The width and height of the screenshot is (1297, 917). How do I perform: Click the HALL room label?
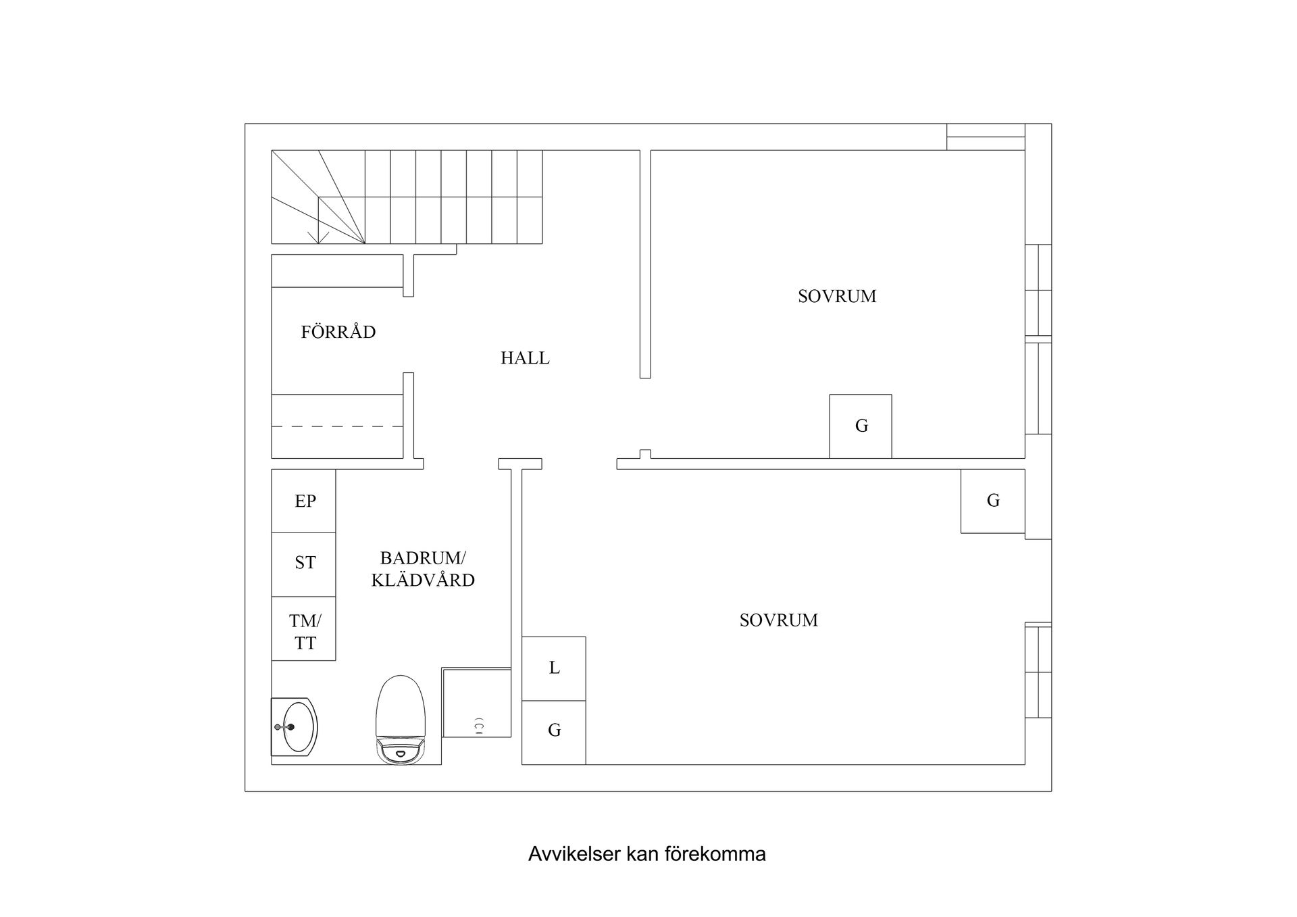pos(525,358)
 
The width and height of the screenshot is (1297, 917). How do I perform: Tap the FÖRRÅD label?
pos(338,331)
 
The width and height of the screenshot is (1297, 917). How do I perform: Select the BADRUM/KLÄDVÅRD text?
pos(423,569)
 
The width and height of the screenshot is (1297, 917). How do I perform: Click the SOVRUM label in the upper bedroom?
pos(837,296)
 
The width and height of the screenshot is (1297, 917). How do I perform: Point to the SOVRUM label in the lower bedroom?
pos(779,620)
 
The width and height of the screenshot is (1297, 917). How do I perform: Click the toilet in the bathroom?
pos(401,720)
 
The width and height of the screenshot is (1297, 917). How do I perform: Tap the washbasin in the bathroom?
pos(295,727)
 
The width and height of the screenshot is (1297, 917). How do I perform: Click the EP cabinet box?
pos(303,501)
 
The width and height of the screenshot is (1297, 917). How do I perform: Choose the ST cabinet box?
pos(303,564)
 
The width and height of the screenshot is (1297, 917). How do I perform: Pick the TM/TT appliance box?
pos(303,628)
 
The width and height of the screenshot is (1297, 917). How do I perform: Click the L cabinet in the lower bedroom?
pos(554,668)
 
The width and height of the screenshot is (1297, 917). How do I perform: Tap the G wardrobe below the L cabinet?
pos(554,733)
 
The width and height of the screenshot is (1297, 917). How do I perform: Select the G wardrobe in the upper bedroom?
pos(861,426)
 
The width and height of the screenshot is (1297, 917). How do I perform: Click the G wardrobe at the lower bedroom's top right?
pos(993,501)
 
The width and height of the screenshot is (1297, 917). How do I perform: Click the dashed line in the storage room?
pos(338,426)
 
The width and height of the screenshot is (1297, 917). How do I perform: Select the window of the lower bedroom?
pos(1038,670)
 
